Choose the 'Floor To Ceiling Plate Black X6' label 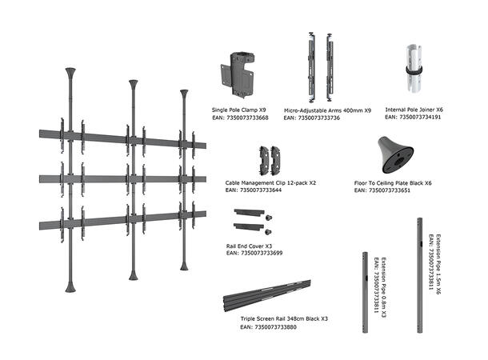click(394, 182)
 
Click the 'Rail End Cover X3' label click(250, 246)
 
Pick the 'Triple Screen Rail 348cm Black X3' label click(284, 319)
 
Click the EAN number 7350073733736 click(318, 118)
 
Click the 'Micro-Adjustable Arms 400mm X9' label click(327, 110)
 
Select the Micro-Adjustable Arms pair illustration click(318, 67)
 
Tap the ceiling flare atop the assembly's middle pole click(133, 84)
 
